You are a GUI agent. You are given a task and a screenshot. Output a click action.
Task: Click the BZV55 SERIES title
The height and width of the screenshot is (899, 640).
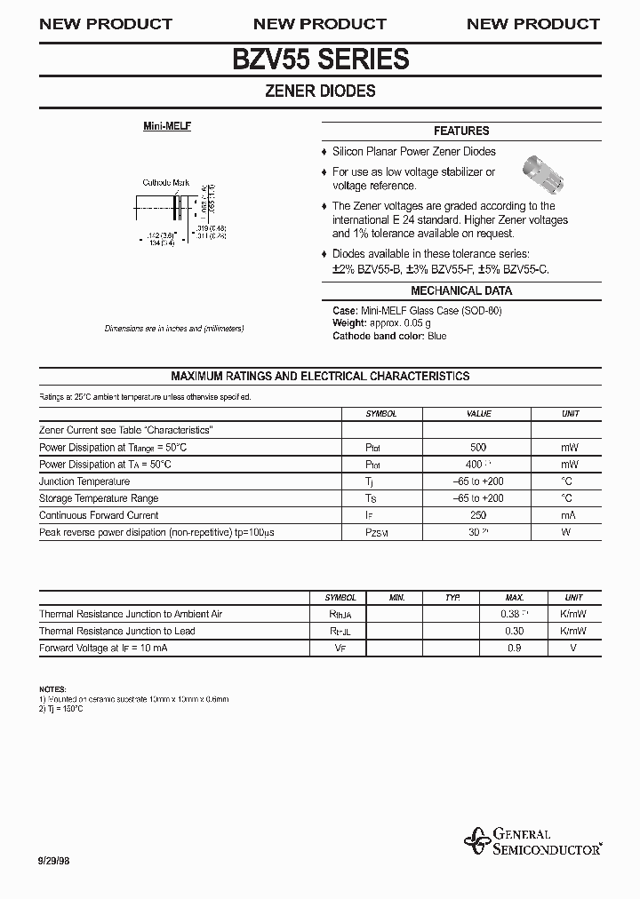click(x=320, y=59)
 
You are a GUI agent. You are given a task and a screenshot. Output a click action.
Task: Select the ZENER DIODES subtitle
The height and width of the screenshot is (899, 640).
click(x=320, y=91)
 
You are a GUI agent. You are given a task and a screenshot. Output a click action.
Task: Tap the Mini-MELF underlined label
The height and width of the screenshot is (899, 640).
click(x=167, y=126)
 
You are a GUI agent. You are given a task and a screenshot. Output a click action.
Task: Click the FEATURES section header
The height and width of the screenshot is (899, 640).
click(x=461, y=131)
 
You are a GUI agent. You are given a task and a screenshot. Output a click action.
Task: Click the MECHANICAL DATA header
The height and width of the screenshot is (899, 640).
click(x=461, y=290)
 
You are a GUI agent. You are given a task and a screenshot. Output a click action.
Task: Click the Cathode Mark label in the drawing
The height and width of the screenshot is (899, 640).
click(x=166, y=183)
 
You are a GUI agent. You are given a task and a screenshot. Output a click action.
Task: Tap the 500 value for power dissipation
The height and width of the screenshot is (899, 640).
click(x=478, y=448)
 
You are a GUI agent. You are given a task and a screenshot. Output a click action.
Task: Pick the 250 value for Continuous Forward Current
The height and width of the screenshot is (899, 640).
click(x=478, y=515)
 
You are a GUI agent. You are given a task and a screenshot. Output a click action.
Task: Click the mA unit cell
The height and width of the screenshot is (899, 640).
click(x=569, y=515)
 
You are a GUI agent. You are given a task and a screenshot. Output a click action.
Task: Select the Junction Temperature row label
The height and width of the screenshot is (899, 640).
click(x=85, y=481)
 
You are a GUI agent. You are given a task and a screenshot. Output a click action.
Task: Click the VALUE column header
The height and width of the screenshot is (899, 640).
click(x=478, y=414)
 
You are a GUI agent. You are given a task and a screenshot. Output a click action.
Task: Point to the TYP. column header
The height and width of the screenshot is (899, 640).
click(x=452, y=598)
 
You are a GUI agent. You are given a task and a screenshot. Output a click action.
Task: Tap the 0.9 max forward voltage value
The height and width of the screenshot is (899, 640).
click(x=514, y=648)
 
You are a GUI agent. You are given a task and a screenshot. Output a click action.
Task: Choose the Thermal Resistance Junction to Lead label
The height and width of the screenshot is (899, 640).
click(x=117, y=632)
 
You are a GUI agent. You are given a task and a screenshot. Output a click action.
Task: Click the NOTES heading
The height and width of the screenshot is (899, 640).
click(x=52, y=690)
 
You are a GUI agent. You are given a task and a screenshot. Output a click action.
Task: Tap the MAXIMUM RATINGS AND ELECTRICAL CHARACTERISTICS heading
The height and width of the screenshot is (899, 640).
click(x=320, y=376)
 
